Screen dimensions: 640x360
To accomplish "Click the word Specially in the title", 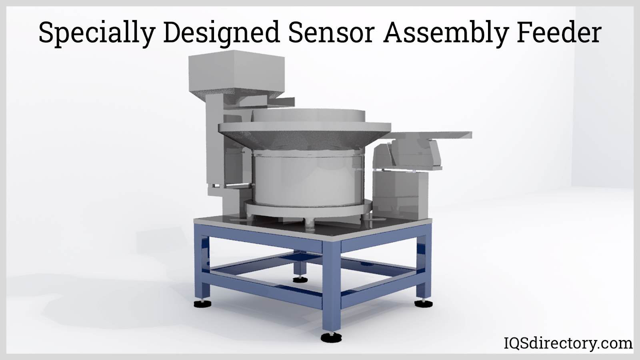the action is (97, 34).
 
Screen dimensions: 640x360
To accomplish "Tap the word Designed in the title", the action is (222, 34).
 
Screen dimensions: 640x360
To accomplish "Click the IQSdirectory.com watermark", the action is (568, 343).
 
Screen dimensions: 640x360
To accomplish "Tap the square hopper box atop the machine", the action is (236, 74).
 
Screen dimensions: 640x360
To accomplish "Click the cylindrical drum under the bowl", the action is (307, 180).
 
